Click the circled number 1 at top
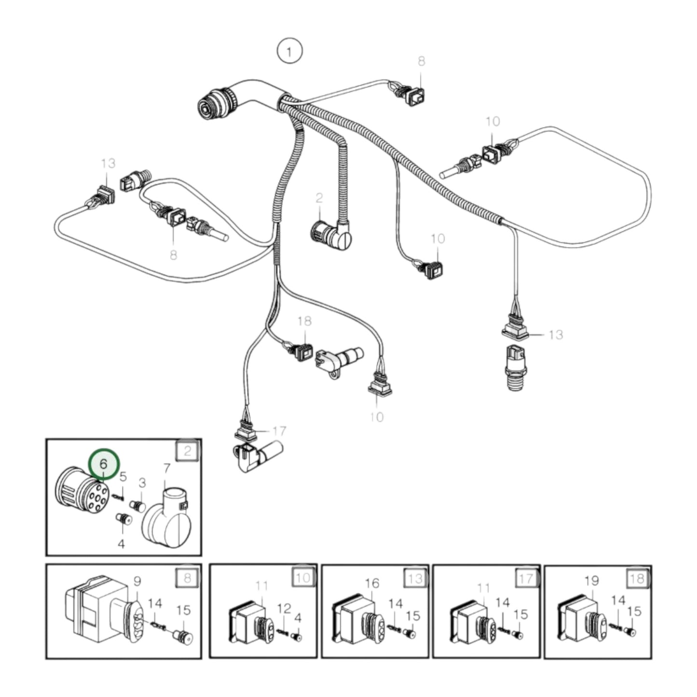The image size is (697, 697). (289, 52)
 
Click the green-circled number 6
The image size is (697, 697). (104, 464)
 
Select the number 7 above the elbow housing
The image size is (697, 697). (167, 468)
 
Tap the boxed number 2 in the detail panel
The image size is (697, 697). (188, 451)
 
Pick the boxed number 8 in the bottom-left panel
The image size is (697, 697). (188, 577)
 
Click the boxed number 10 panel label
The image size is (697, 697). (303, 577)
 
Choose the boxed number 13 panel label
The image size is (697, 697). (415, 577)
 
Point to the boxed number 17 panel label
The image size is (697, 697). (526, 577)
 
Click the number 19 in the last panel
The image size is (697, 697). (591, 581)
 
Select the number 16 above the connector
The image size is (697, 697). (372, 584)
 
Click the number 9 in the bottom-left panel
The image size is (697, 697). (137, 581)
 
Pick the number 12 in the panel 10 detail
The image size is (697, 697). (284, 608)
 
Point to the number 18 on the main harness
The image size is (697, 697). (305, 321)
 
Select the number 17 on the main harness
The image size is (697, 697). (279, 430)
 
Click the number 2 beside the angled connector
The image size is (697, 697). (319, 198)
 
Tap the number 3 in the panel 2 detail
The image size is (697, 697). (142, 482)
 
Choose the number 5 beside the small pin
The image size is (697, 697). (123, 477)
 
